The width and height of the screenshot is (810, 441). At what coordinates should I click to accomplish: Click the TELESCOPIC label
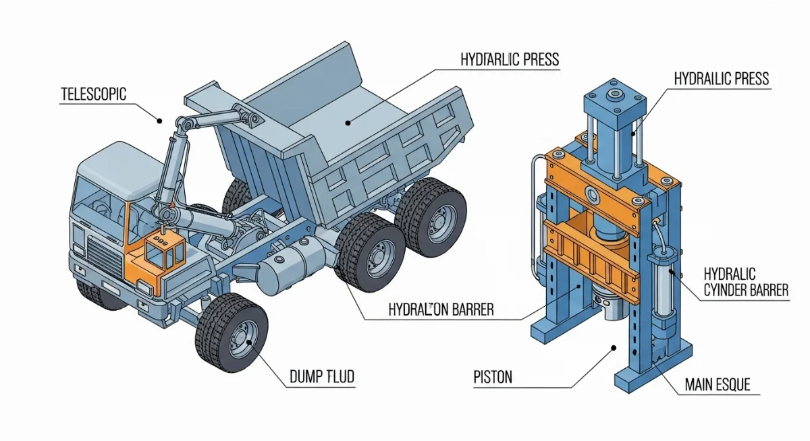click(x=93, y=94)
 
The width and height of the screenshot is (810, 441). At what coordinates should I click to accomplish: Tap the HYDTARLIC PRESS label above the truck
click(x=510, y=59)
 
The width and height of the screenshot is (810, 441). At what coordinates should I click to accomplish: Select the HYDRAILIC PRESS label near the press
click(x=722, y=79)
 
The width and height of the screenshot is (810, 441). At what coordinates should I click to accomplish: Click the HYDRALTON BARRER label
click(x=441, y=310)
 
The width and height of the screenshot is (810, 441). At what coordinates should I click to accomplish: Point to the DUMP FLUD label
click(x=322, y=377)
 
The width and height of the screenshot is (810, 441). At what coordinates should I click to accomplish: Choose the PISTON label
click(x=493, y=378)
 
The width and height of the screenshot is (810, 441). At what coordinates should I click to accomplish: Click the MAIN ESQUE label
click(x=718, y=384)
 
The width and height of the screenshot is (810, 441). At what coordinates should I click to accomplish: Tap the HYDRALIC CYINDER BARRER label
click(x=746, y=282)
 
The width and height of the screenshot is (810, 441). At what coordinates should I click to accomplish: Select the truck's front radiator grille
click(x=105, y=257)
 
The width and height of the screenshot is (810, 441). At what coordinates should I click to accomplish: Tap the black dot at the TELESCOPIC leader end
click(x=159, y=121)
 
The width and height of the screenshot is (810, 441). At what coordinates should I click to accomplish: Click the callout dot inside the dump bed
click(x=348, y=123)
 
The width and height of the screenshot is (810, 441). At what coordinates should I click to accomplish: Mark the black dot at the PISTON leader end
click(x=614, y=348)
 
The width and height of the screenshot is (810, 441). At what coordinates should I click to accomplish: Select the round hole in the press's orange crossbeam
click(x=593, y=195)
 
